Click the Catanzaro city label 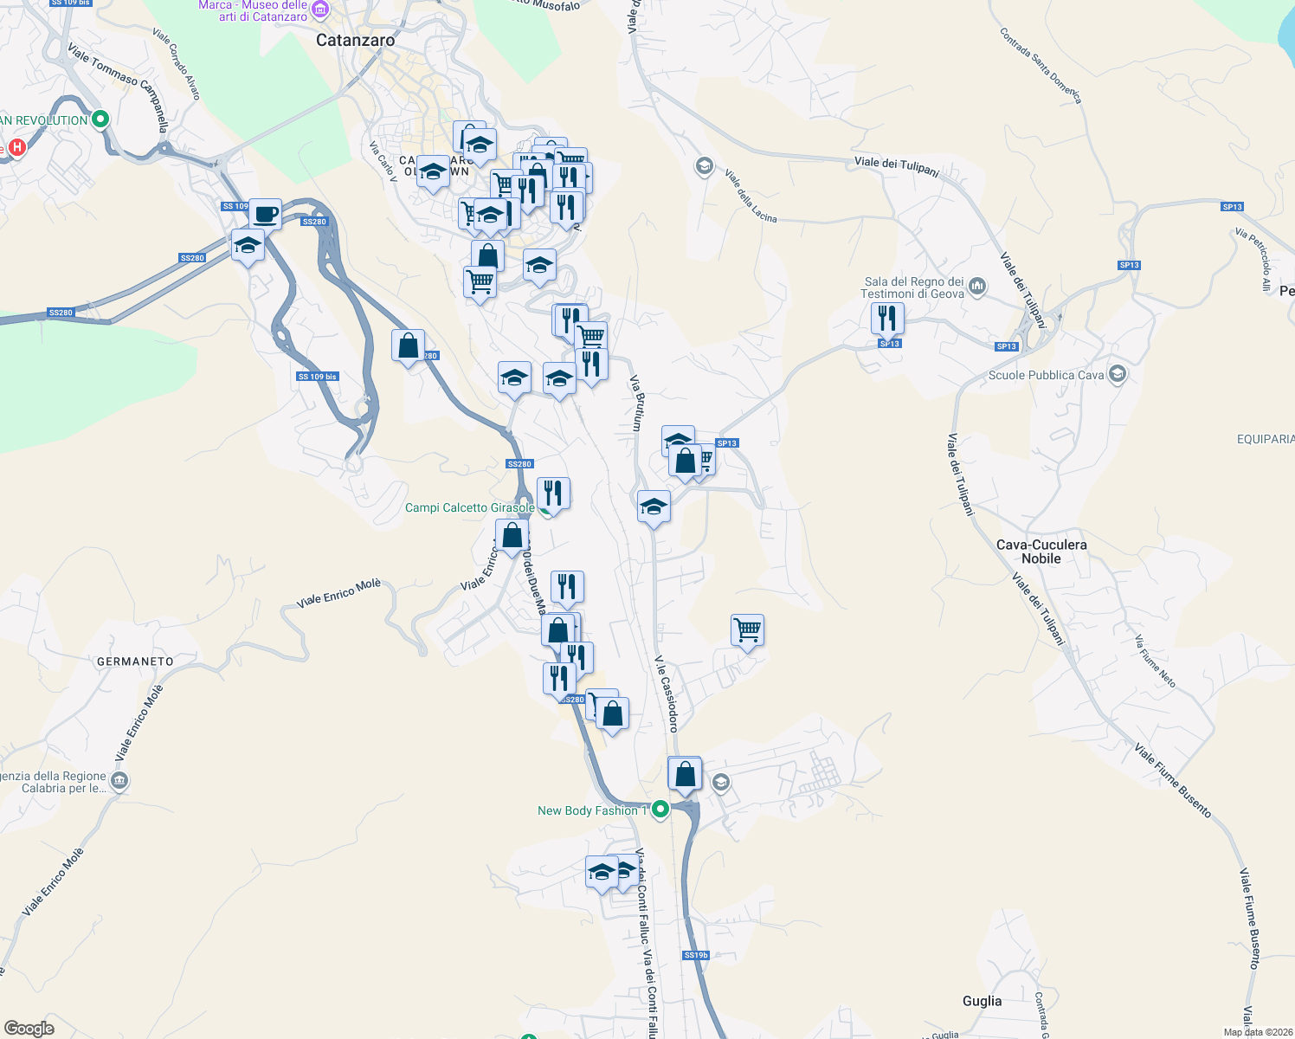tap(355, 40)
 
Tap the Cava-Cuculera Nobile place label tap(1041, 552)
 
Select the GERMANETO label tap(135, 661)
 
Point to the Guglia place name tap(982, 1001)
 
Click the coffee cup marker tap(266, 213)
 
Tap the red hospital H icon tap(16, 148)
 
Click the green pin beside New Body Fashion tap(660, 810)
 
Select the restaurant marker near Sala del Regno tap(887, 318)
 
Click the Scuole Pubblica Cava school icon tap(1117, 374)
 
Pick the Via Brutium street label tap(637, 403)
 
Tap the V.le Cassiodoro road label tap(666, 694)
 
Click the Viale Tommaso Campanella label tap(118, 88)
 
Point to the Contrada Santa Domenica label tap(1041, 65)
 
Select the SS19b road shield tap(695, 955)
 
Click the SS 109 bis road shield tap(317, 377)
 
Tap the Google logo tap(29, 1029)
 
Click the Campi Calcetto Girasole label tap(469, 507)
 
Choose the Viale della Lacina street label tap(751, 197)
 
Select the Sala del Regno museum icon tap(977, 286)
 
